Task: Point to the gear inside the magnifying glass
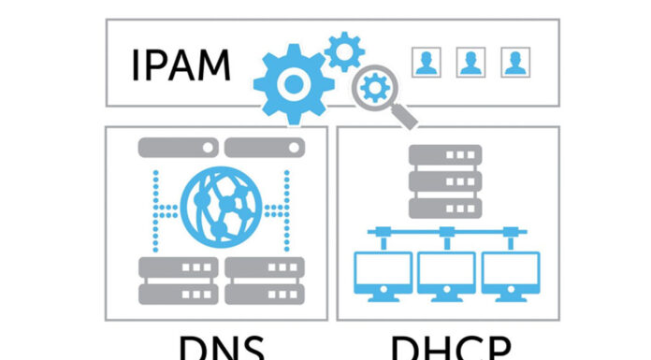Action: (x=376, y=90)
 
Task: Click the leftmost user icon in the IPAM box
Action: (x=426, y=63)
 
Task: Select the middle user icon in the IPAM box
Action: (x=470, y=63)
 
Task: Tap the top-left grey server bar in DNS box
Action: (x=177, y=148)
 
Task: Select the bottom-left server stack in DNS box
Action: (x=177, y=280)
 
